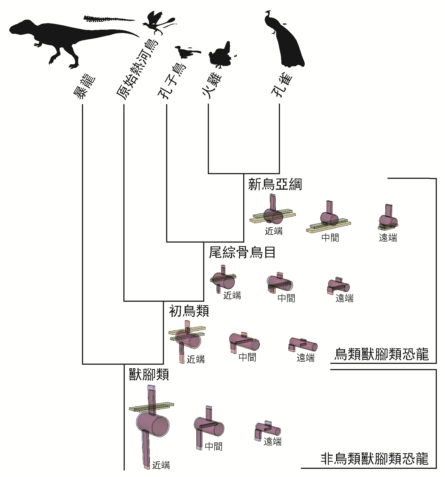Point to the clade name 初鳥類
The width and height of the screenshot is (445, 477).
click(x=189, y=311)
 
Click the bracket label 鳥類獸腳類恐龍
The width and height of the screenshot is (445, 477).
click(x=381, y=354)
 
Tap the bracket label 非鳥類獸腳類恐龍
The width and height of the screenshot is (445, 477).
click(x=375, y=459)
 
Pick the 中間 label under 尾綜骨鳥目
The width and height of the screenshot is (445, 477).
click(x=286, y=298)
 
